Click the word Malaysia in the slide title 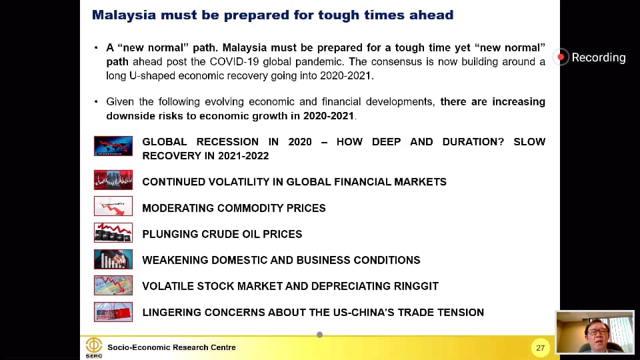124,15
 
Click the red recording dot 561,57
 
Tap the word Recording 599,57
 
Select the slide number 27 541,348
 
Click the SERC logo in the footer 94,348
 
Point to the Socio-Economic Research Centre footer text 171,347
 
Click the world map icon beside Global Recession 113,146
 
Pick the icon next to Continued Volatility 113,180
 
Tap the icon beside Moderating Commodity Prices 113,206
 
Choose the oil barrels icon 113,232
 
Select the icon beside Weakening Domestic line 113,259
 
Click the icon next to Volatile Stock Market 113,285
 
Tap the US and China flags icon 113,312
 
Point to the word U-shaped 152,76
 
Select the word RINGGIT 416,286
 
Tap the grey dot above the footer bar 319,335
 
